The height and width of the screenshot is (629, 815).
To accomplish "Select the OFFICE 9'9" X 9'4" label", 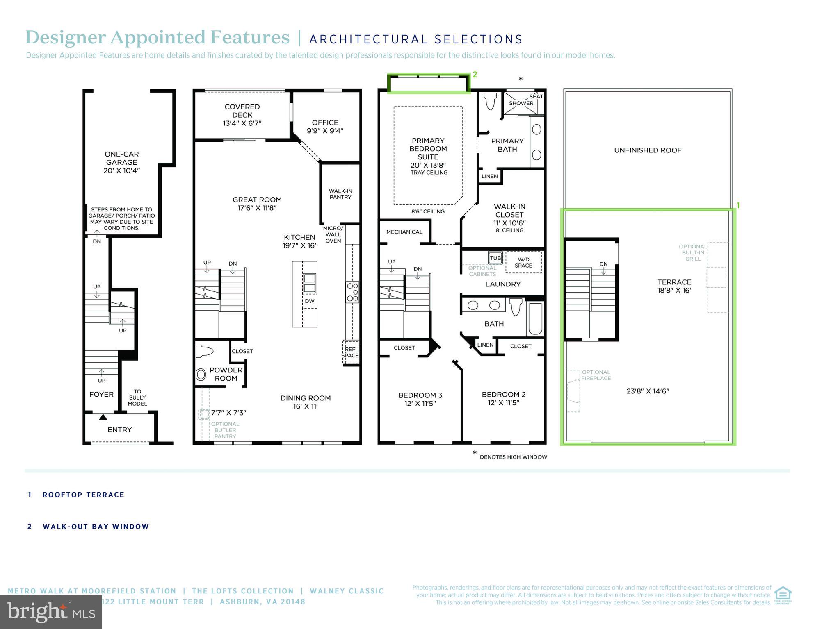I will pos(325,127).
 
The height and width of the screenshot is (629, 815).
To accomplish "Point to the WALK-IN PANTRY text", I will pos(340,194).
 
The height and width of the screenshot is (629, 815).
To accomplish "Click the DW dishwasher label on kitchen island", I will pos(310,301).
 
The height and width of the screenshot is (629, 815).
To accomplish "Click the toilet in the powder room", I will pos(205,352).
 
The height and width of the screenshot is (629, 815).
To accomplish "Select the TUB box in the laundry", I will pos(495,258).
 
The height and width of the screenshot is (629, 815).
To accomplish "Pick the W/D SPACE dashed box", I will pos(523,262).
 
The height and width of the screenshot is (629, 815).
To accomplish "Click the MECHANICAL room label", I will pos(404,232).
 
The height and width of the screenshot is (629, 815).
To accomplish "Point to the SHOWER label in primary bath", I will pos(521,103).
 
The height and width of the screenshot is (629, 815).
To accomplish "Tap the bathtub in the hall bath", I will pos(535,319).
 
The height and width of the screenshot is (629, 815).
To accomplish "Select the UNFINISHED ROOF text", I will pos(647,150).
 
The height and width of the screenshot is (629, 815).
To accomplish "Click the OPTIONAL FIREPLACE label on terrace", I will pos(596,375).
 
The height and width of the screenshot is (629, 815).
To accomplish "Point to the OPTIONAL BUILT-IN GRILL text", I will pos(693,252).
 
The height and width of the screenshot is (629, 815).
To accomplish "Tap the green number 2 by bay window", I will pos(475,75).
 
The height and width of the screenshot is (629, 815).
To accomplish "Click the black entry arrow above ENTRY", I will pos(103,417).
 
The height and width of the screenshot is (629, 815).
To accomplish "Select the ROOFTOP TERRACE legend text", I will pos(83,495).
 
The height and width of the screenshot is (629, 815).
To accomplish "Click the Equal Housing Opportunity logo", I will pos(783,595).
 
